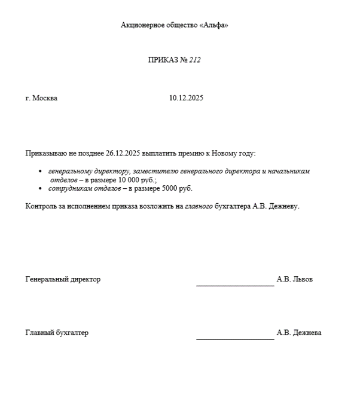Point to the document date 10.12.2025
click(x=186, y=98)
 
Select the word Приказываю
click(x=45, y=154)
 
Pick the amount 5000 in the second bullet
click(x=169, y=188)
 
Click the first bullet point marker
click(x=40, y=172)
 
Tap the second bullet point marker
click(x=40, y=189)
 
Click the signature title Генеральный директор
click(x=63, y=279)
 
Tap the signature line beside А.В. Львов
click(x=235, y=286)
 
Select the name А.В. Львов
click(x=294, y=279)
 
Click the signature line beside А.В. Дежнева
click(x=235, y=339)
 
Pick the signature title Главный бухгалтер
click(x=57, y=333)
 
